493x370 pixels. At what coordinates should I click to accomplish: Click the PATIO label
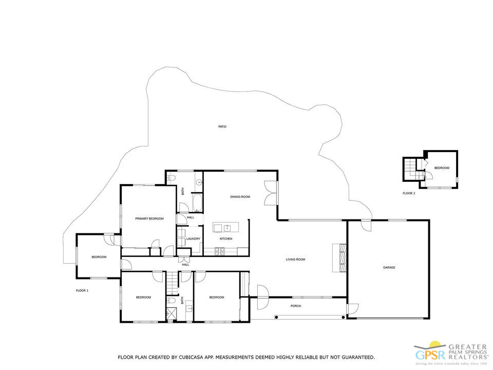pos(222,126)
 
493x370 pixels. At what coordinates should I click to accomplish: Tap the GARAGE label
pos(389,267)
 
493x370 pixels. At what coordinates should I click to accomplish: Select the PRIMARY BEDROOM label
pos(149,219)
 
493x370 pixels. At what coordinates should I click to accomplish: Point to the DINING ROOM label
pos(240,197)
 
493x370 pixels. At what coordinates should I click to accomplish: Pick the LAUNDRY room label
pos(193,238)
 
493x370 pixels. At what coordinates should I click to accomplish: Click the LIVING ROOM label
pos(295,260)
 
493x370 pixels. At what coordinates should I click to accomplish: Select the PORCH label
pos(295,306)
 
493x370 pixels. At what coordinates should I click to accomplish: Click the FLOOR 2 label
pos(409,193)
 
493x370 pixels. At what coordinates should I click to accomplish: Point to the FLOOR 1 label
pos(82,291)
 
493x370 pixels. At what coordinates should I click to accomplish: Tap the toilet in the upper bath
pos(172,178)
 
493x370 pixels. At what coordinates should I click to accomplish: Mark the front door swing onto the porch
pos(261,297)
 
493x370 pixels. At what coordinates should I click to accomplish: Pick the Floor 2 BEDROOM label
pos(442,168)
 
